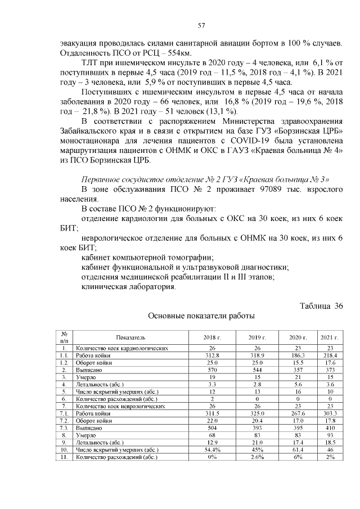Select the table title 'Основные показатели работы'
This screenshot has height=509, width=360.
[201, 317]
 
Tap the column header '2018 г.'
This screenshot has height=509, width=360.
[212, 337]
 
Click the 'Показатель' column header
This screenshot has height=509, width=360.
[130, 337]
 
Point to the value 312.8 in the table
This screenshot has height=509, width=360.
[212, 356]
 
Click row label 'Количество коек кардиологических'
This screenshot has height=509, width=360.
[122, 349]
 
